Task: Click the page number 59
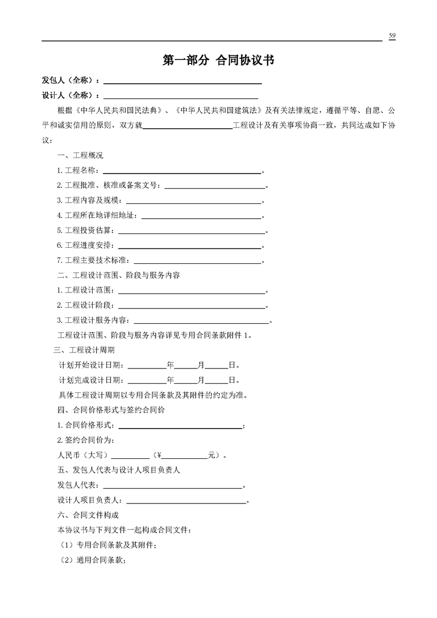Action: pyautogui.click(x=392, y=36)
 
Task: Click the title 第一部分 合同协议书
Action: pyautogui.click(x=218, y=61)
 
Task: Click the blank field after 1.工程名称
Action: pyautogui.click(x=182, y=172)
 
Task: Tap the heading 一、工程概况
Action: pyautogui.click(x=80, y=155)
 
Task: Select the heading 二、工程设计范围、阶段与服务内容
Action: pyautogui.click(x=118, y=275)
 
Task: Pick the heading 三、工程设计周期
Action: pyautogui.click(x=84, y=350)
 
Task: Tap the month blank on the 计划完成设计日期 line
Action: pyautogui.click(x=187, y=381)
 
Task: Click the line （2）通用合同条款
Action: pyautogui.click(x=93, y=561)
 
